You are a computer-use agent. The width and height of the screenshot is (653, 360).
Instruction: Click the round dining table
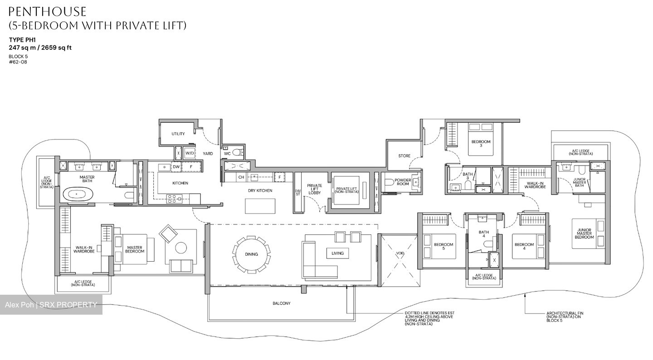pyautogui.click(x=251, y=254)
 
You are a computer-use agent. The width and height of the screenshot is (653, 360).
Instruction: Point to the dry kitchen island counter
pyautogui.click(x=261, y=205)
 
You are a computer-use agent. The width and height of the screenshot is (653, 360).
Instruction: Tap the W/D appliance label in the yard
pyautogui.click(x=189, y=153)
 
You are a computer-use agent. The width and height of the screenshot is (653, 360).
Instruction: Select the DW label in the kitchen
pyautogui.click(x=176, y=167)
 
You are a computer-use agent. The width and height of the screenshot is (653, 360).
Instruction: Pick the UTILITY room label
pyautogui.click(x=178, y=134)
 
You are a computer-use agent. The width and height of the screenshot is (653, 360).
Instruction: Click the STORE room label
pyautogui.click(x=404, y=156)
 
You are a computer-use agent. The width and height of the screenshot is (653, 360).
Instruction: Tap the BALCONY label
pyautogui.click(x=281, y=303)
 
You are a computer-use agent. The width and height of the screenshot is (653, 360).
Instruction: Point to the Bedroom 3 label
pyautogui.click(x=481, y=144)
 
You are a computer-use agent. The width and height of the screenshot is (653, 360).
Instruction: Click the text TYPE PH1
pyautogui.click(x=22, y=40)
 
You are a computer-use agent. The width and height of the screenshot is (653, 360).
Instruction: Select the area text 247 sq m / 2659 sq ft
pyautogui.click(x=40, y=48)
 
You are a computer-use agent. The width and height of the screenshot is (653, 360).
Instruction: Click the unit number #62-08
pyautogui.click(x=18, y=62)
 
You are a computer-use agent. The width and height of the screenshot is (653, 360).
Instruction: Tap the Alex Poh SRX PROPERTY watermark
pyautogui.click(x=51, y=305)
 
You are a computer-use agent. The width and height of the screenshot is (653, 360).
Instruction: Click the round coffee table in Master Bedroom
pyautogui.click(x=181, y=248)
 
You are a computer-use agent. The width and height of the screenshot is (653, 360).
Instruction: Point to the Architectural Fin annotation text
pyautogui.click(x=564, y=316)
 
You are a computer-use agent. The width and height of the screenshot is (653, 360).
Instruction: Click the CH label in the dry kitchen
pyautogui.click(x=241, y=177)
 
